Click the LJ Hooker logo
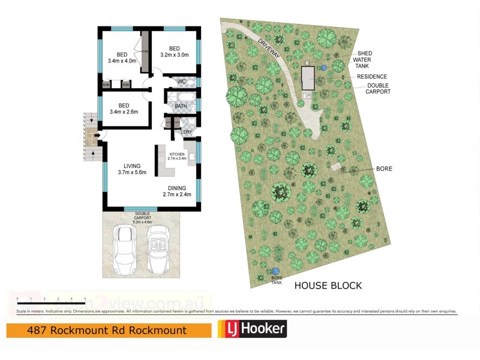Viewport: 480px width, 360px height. coord(251,329)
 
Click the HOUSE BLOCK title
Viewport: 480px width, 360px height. coord(328,286)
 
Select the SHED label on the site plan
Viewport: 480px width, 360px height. coord(365,53)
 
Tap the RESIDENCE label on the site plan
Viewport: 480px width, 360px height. coord(372,77)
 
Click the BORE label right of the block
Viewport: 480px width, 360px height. coord(384,169)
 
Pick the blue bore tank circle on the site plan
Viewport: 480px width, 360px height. coord(275,271)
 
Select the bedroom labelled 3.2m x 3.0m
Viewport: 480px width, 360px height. coord(175,52)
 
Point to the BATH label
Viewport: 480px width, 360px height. coord(181,106)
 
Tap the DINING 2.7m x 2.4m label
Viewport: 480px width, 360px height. coord(177,191)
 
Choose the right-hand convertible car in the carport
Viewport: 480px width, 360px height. coord(158,247)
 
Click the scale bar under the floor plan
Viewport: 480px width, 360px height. coord(52,299)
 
